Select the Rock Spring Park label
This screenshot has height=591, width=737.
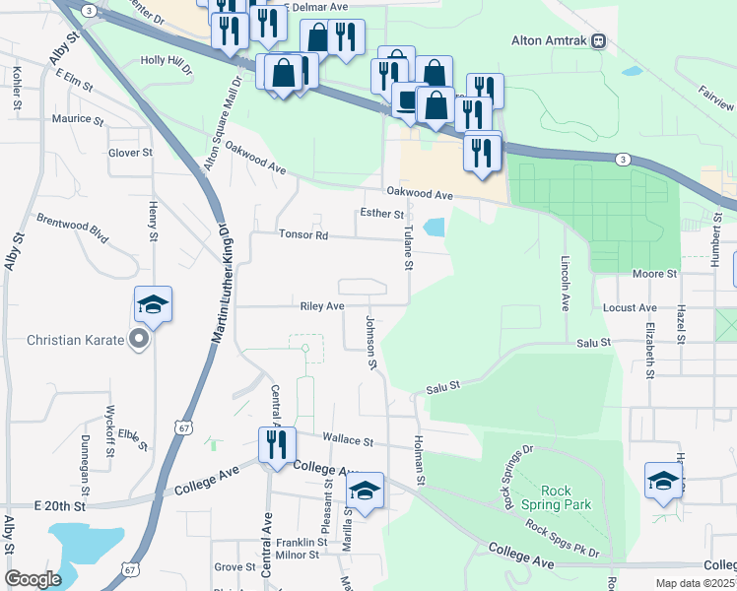566,497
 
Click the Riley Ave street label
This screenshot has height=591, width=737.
322,306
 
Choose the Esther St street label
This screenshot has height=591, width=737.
382,213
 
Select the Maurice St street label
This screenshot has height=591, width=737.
78,119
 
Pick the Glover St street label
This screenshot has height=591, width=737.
130,153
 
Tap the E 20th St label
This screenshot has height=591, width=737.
61,504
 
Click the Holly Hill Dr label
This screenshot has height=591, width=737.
167,60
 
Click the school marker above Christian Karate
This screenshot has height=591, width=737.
153,303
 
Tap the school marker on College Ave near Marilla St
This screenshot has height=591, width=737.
365,491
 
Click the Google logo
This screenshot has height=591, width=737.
33,579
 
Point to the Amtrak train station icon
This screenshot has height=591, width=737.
598,41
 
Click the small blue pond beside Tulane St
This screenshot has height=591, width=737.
434,227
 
